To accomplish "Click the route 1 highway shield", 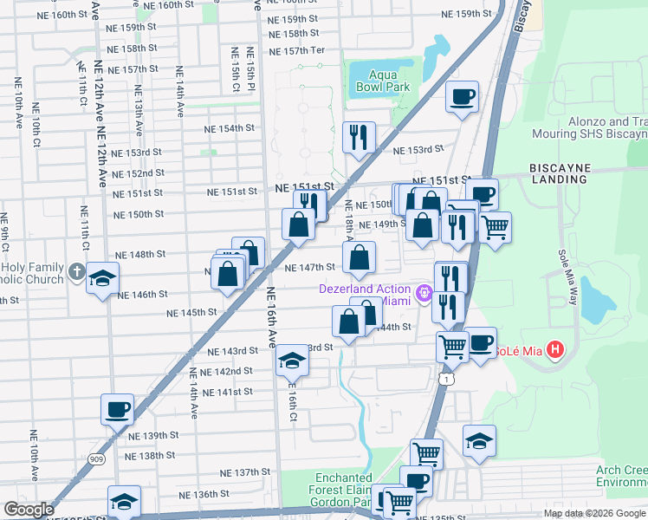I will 445,379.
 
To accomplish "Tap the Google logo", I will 29,510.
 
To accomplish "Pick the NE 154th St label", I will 230,128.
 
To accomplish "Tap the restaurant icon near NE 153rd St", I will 358,135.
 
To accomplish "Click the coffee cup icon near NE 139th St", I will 117,407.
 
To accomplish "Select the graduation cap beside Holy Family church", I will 102,278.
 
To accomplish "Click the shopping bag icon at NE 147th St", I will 359,257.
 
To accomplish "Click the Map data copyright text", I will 594,513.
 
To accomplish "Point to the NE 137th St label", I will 245,472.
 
